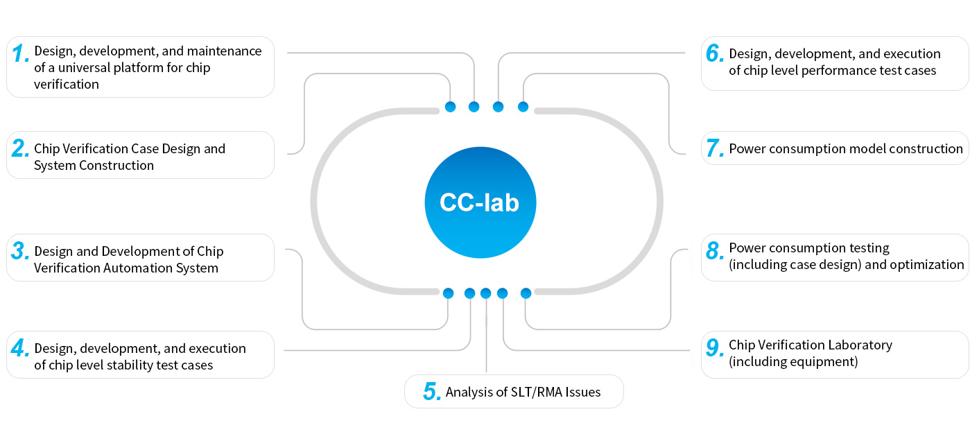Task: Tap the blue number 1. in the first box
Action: [21, 53]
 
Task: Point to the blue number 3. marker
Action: [20, 252]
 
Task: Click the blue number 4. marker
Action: [20, 349]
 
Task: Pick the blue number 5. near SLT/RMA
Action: [432, 392]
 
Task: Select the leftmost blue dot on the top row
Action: [450, 107]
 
